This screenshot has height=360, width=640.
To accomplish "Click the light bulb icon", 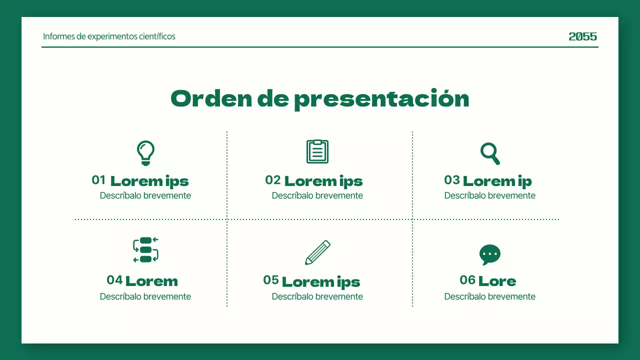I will [x=145, y=153].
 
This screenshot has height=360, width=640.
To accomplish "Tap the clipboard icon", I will [x=317, y=151].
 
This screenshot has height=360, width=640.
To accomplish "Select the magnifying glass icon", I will [x=490, y=153].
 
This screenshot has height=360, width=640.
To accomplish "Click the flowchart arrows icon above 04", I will [x=145, y=250].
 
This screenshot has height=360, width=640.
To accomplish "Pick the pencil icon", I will [x=318, y=252].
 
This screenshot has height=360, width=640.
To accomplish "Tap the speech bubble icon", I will [x=490, y=254].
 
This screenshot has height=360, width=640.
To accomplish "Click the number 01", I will [x=98, y=180].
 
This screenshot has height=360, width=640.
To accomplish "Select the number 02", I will [x=272, y=180].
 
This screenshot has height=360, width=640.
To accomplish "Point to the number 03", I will [x=451, y=180].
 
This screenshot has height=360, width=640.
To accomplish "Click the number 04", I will [x=114, y=280].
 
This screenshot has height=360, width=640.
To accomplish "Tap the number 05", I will [x=271, y=280].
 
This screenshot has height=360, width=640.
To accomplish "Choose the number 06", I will [x=467, y=280].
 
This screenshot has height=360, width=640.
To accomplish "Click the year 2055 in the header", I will [x=582, y=36].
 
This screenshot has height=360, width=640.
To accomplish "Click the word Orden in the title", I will [x=211, y=98].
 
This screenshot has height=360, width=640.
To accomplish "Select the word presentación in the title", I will [x=381, y=99].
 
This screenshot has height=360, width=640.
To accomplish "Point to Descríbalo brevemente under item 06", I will [x=490, y=296].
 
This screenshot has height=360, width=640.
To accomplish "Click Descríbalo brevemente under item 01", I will [x=145, y=195].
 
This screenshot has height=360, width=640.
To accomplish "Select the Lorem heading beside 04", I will [x=151, y=281].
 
